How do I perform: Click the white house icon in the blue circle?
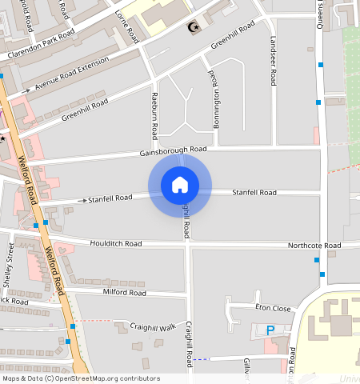(x=180, y=185)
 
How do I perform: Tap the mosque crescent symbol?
(x=193, y=29)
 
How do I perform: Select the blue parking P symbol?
(x=270, y=330)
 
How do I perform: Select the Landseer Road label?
(x=273, y=65)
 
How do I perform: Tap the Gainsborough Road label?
(x=173, y=150)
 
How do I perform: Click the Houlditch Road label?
(x=116, y=243)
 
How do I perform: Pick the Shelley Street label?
(x=9, y=266)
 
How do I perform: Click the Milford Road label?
(x=125, y=293)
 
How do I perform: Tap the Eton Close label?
(x=272, y=307)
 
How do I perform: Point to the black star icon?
(x=3, y=138)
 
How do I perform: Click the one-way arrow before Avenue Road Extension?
(x=29, y=92)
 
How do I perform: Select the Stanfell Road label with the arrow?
(x=110, y=198)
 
